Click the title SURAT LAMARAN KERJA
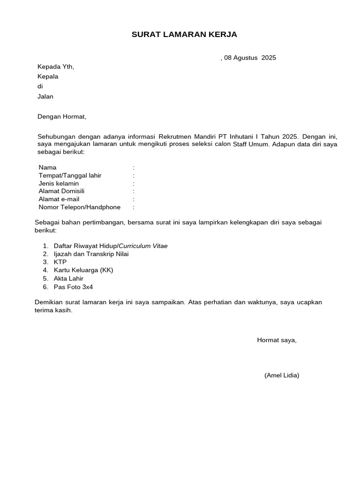pyautogui.click(x=184, y=35)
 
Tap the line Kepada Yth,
pyautogui.click(x=56, y=67)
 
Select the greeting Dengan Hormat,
pyautogui.click(x=62, y=117)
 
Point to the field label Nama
pyautogui.click(x=47, y=168)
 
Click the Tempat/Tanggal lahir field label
pyautogui.click(x=70, y=176)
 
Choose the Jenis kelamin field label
pyautogui.click(x=59, y=184)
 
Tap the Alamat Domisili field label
pyautogui.click(x=61, y=191)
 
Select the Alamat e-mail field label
pyautogui.click(x=59, y=199)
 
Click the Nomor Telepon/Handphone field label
pyautogui.click(x=79, y=207)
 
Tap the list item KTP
pyautogui.click(x=60, y=262)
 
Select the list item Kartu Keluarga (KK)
pyautogui.click(x=83, y=270)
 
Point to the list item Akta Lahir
pyautogui.click(x=68, y=278)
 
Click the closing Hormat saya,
pyautogui.click(x=277, y=340)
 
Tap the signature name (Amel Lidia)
pyautogui.click(x=282, y=375)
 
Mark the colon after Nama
pyautogui.click(x=134, y=168)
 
